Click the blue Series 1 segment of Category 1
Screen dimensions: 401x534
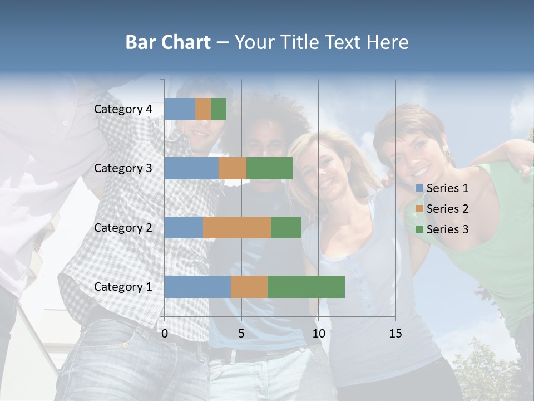(x=197, y=286)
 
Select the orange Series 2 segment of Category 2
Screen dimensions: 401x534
(x=237, y=227)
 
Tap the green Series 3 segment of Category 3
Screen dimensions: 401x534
(x=269, y=168)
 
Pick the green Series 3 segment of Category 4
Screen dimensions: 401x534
(x=219, y=109)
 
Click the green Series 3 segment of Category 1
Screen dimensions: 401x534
(x=306, y=286)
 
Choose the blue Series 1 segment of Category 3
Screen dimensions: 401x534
(x=191, y=168)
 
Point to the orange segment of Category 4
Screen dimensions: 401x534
(x=203, y=109)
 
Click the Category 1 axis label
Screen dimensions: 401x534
(x=123, y=287)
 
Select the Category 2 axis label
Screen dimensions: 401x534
(x=123, y=228)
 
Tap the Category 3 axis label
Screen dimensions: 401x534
(x=123, y=168)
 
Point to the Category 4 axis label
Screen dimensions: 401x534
(x=123, y=109)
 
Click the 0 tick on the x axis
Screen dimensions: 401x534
(x=165, y=334)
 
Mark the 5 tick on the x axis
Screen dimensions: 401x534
(x=241, y=334)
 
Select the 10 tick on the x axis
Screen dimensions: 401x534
(x=318, y=334)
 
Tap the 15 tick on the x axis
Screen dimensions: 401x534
(x=395, y=334)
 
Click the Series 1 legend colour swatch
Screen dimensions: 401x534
(x=419, y=188)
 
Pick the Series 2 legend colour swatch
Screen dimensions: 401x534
(x=419, y=209)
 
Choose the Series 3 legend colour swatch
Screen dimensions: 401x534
(x=419, y=229)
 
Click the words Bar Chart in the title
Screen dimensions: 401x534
(x=167, y=42)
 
